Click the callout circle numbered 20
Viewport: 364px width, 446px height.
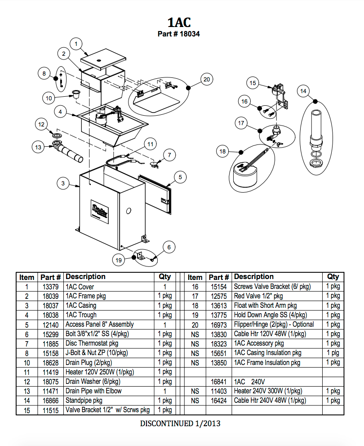(x=206, y=80)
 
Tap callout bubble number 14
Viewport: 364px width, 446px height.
(x=304, y=91)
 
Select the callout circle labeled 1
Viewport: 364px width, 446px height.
(x=76, y=44)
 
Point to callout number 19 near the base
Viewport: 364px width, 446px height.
(x=119, y=260)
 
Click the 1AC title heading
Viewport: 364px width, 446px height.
(x=179, y=22)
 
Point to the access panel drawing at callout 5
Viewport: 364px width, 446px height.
(x=155, y=194)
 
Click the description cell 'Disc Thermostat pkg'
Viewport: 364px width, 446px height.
(x=92, y=343)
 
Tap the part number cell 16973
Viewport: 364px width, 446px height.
(x=219, y=324)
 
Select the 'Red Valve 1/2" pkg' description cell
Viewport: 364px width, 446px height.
(x=258, y=296)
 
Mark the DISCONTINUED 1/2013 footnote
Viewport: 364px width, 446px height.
(x=180, y=423)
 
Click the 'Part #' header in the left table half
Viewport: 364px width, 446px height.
(x=50, y=277)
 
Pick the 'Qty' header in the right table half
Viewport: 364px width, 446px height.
(x=333, y=277)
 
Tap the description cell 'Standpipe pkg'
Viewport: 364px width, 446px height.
(x=84, y=401)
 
